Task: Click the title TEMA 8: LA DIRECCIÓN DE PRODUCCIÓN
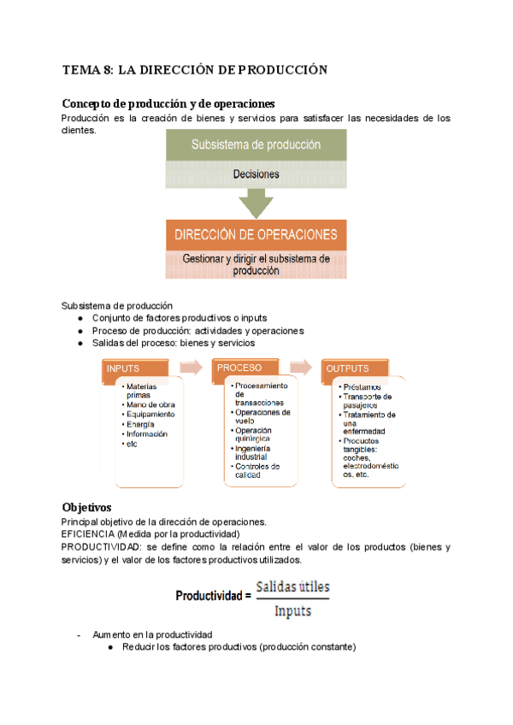point(195,70)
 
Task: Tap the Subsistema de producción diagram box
point(256,144)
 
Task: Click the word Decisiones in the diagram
point(256,174)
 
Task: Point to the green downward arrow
point(256,203)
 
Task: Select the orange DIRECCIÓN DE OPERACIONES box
point(256,234)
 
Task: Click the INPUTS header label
point(122,368)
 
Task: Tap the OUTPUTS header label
point(348,368)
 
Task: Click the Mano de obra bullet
point(150,404)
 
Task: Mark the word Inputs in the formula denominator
point(292,610)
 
